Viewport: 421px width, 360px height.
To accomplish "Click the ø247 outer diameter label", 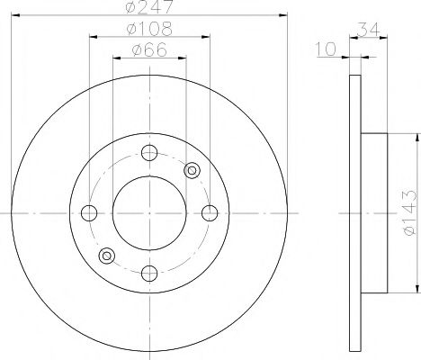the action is [149, 6].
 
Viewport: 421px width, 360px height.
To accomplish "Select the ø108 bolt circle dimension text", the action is [149, 29].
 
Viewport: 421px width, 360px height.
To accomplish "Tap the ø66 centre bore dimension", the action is [149, 49].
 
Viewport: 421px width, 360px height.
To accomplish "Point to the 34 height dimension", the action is [369, 30].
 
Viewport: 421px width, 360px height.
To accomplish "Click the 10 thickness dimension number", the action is [327, 49].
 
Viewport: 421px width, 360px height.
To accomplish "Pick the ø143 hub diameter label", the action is [410, 212].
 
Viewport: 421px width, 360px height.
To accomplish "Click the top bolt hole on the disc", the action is [149, 153].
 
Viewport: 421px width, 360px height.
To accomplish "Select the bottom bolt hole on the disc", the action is [149, 274].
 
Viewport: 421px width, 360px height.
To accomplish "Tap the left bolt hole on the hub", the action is [89, 213].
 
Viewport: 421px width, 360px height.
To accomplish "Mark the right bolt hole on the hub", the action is [210, 213].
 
